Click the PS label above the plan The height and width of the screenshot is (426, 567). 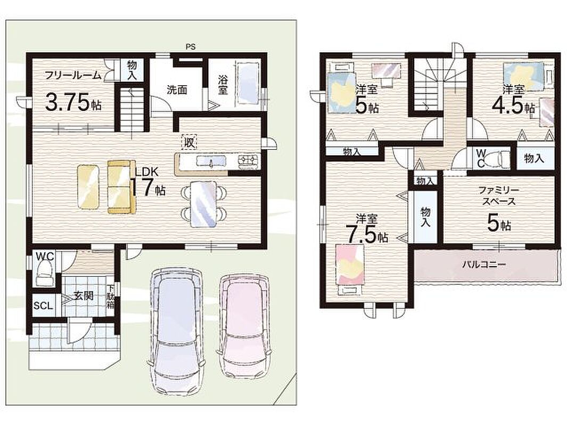tap(190, 47)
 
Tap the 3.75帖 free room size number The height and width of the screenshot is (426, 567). tap(73, 102)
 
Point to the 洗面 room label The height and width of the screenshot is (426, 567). tap(177, 90)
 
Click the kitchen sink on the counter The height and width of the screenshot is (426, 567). tap(211, 161)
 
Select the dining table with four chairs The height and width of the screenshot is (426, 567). tap(204, 204)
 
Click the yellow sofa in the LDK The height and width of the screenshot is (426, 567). tap(121, 186)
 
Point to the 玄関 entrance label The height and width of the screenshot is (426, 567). tap(84, 296)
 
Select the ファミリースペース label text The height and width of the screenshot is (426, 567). tap(499, 195)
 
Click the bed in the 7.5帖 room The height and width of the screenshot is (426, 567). tap(350, 269)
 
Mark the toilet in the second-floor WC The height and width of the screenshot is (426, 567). tap(498, 158)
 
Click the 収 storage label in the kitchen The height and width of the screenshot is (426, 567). tap(188, 142)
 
